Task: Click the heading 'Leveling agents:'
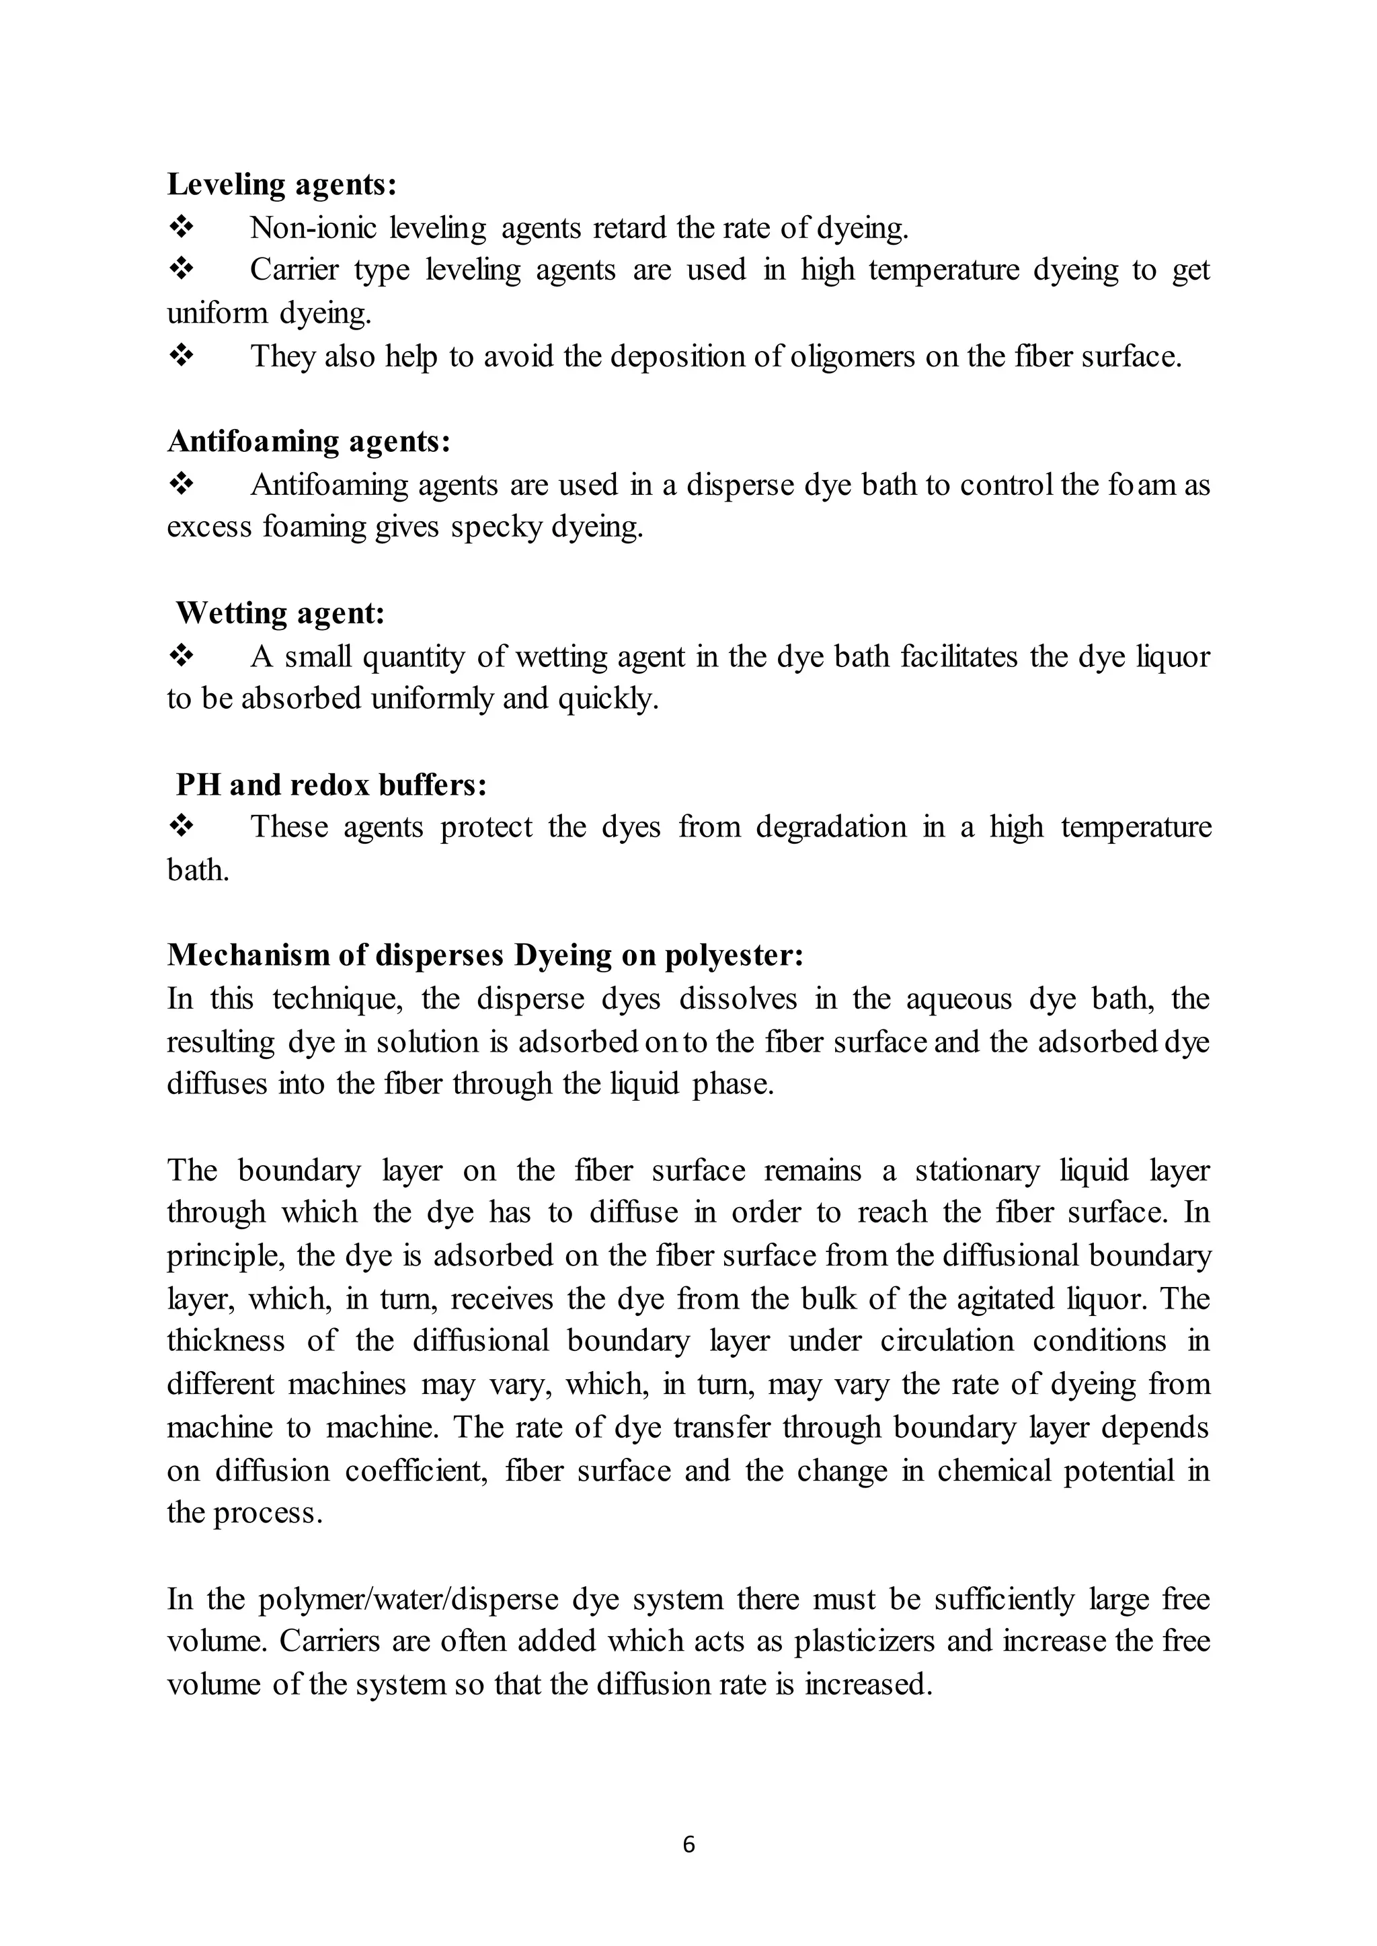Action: point(282,184)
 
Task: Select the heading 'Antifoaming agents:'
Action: point(309,441)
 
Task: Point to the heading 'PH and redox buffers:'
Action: point(331,784)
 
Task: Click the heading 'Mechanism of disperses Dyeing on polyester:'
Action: point(485,955)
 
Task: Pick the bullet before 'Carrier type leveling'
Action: point(182,270)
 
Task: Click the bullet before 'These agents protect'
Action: point(182,826)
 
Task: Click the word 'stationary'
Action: point(977,1170)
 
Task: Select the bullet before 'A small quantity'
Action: point(182,656)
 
